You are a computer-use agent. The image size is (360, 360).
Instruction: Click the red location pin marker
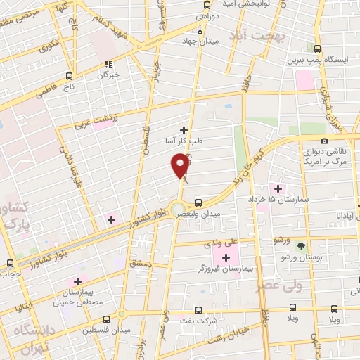coord(181,165)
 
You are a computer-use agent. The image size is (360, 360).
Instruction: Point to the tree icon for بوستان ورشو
coord(301,246)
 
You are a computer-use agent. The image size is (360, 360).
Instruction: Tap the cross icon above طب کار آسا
coord(184,129)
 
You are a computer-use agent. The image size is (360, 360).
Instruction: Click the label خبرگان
coord(109,74)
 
